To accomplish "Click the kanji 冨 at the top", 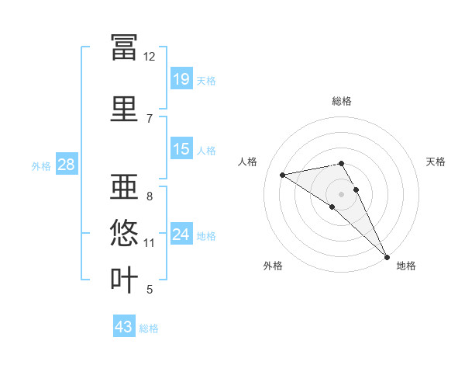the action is (124, 47).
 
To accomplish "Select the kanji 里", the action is (124, 109).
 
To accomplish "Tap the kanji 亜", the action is (124, 186).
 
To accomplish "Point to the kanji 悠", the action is (124, 232).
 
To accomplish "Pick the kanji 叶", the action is (124, 280).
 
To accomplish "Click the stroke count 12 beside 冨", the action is (149, 57).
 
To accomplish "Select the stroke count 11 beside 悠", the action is (149, 243).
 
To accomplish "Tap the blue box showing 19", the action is (181, 78).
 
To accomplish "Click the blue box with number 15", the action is (181, 148).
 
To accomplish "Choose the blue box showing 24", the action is (181, 233).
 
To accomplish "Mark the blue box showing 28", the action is (67, 164).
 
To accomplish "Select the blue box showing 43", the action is (124, 325).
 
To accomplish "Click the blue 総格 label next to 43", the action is (149, 328).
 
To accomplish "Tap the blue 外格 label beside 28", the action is (41, 166).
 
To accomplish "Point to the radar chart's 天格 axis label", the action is (436, 162).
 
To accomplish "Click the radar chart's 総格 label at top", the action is (342, 101).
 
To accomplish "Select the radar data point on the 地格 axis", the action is (387, 257).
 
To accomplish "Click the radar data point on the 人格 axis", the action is (283, 175).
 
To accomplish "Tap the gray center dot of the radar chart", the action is (341, 194).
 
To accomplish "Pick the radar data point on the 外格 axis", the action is (332, 207).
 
